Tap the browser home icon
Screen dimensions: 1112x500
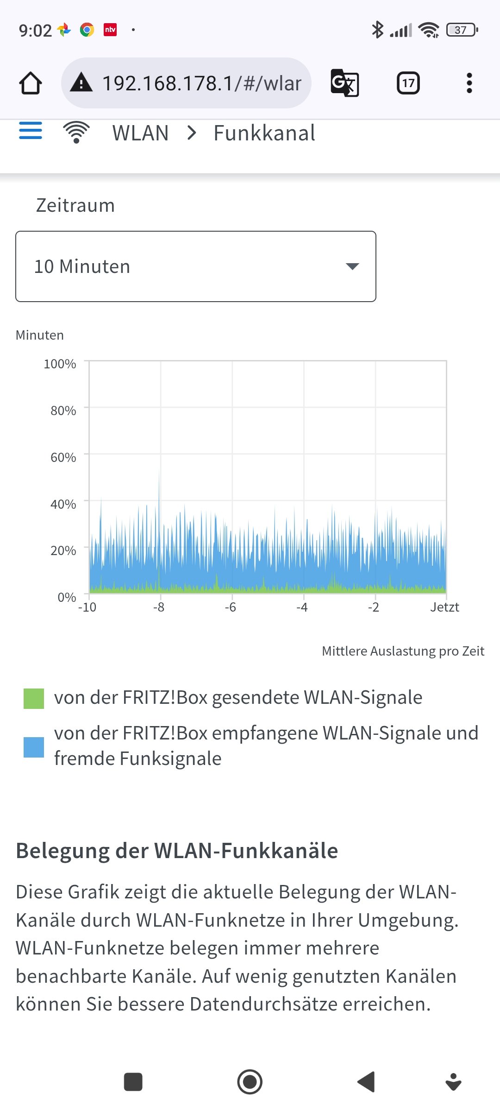click(x=31, y=83)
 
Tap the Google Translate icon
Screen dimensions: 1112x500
click(x=345, y=83)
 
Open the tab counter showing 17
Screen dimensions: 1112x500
click(x=408, y=83)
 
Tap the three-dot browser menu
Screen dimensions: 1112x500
click(x=469, y=83)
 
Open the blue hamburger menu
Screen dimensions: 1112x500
click(x=31, y=131)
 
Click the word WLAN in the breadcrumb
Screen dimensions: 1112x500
click(x=140, y=133)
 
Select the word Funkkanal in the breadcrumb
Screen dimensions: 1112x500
click(x=264, y=133)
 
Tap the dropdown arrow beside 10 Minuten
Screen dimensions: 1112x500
click(x=352, y=266)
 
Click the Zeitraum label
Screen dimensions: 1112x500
click(x=75, y=205)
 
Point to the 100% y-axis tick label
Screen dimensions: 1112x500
click(x=60, y=364)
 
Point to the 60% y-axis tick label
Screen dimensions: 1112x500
click(x=63, y=458)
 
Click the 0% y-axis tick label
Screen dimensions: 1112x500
click(x=67, y=597)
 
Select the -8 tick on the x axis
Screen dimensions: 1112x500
click(x=159, y=607)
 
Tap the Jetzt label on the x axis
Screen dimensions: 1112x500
click(x=444, y=607)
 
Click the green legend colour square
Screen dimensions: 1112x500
click(x=34, y=699)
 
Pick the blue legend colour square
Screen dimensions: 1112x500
click(x=34, y=747)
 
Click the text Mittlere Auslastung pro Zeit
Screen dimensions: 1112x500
click(x=403, y=651)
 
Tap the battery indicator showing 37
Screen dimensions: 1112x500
click(x=461, y=30)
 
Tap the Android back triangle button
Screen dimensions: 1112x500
click(x=366, y=1082)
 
